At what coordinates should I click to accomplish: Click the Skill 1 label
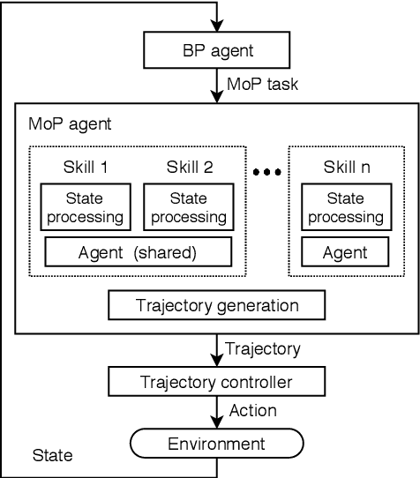tap(86, 166)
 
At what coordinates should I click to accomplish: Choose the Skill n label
tap(345, 166)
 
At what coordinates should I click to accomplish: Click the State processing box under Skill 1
tap(86, 207)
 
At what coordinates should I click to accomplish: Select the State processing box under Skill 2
tap(187, 207)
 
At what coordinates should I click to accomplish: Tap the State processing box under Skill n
tap(345, 207)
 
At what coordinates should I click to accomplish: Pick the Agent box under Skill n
tap(345, 252)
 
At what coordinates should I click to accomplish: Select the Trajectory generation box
tap(217, 305)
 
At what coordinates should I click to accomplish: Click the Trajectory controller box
tap(217, 382)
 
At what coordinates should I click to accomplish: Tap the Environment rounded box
tap(217, 444)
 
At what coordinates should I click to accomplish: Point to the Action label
tap(252, 410)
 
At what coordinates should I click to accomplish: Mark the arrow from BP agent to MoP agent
tap(217, 86)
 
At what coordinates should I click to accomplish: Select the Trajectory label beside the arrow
tap(264, 349)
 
